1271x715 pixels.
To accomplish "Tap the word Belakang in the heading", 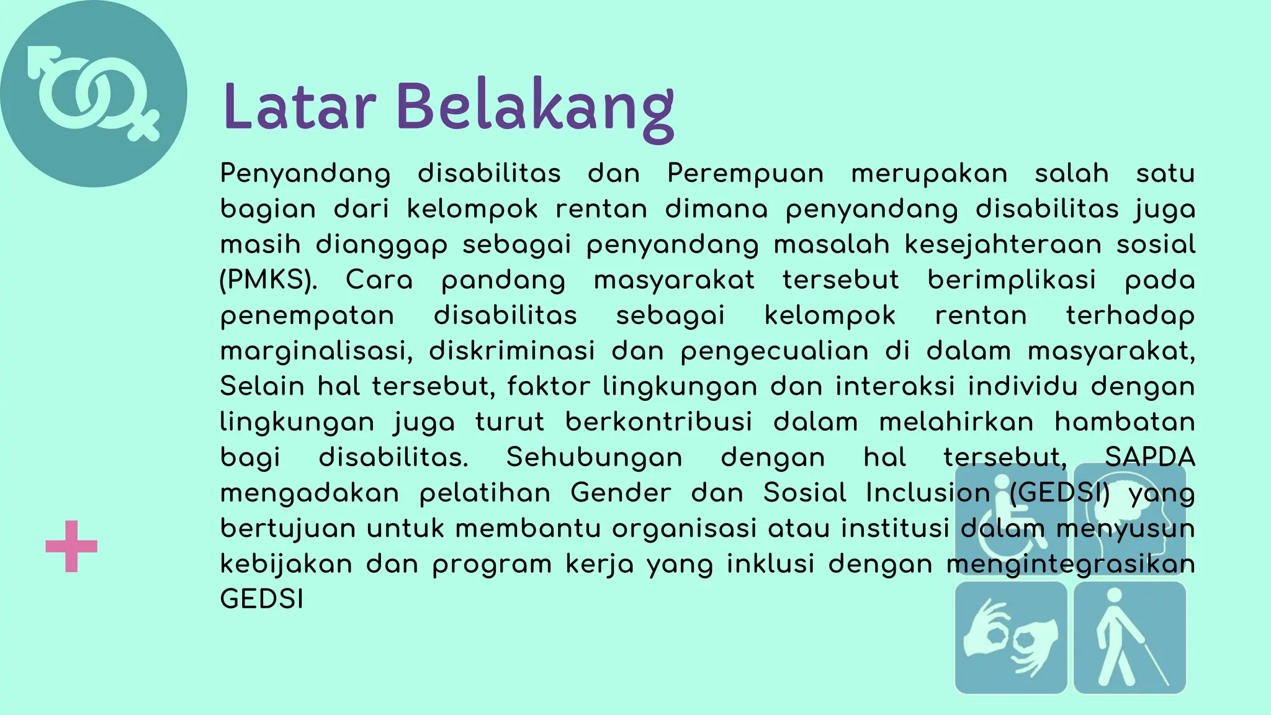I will pos(534,108).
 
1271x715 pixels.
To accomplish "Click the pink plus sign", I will pos(71,546).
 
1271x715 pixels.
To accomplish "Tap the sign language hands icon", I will pos(1010,637).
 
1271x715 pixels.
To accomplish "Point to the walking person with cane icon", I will pos(1130,637).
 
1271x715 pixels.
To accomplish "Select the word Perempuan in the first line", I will pos(745,173).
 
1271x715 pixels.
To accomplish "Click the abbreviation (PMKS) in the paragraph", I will pos(268,280).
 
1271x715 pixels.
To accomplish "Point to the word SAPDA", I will pos(1149,457).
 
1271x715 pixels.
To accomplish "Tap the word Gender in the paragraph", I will pos(621,493).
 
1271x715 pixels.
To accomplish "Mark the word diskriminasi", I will pos(512,351).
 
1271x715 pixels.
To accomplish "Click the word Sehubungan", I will pos(594,457).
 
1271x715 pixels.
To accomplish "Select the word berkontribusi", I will pos(658,422).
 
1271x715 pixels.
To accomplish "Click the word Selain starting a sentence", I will pos(262,387).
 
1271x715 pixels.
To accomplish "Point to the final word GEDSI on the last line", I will pos(262,600).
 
